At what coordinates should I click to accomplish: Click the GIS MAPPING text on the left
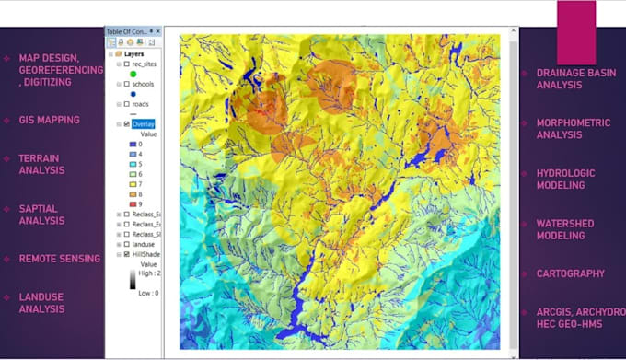coord(49,120)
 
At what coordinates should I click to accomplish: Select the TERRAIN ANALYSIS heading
coord(41,164)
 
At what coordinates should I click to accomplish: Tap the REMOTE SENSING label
coord(59,259)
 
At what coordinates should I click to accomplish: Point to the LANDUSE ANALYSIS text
coord(42,303)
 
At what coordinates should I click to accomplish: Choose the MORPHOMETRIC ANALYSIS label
coord(573,129)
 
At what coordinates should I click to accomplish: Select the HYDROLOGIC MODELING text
coord(566,179)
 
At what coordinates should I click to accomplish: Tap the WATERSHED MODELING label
coord(565,229)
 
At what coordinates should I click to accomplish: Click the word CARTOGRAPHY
coord(571,273)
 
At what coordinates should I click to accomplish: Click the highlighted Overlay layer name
coord(144,123)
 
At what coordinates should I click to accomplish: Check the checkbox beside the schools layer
coord(125,84)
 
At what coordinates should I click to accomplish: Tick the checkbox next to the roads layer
coord(125,104)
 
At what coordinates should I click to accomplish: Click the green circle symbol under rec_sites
coord(133,74)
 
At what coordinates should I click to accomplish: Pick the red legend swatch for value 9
coord(133,203)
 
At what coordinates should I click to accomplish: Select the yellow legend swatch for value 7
coord(133,183)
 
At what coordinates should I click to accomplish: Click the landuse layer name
coord(144,243)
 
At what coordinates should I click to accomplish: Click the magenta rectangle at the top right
coord(576,32)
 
